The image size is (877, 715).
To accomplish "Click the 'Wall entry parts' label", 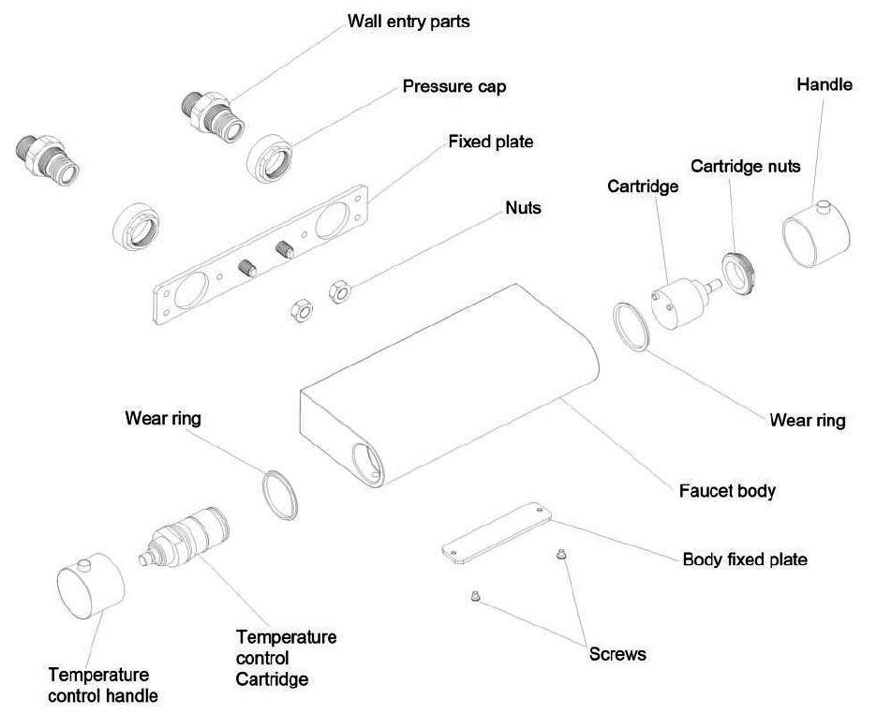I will click(x=409, y=21).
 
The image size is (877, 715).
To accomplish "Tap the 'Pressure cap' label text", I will click(x=454, y=87).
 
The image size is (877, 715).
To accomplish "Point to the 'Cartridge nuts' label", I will click(x=746, y=166).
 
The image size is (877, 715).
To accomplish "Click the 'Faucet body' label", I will click(x=727, y=490).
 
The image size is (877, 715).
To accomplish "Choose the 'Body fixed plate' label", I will click(x=745, y=559).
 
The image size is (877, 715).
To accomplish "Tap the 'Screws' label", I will click(x=617, y=654).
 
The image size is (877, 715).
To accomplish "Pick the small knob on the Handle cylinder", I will click(x=824, y=205).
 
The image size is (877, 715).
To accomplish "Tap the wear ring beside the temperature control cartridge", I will click(x=278, y=493).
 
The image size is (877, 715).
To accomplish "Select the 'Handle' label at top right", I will click(x=825, y=85).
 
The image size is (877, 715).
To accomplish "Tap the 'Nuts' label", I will click(x=523, y=208).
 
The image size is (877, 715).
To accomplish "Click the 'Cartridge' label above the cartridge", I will click(x=643, y=186).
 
